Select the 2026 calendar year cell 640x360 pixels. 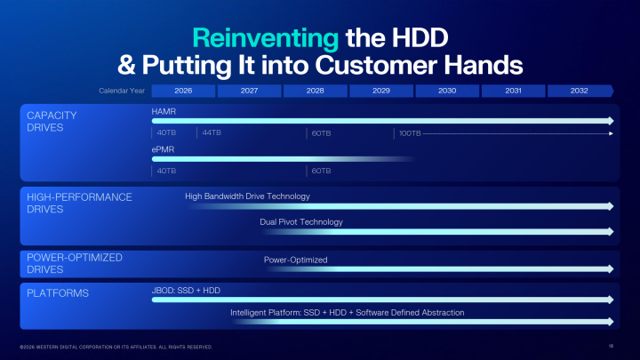(184, 91)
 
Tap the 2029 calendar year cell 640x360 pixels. (380, 91)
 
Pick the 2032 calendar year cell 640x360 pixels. (579, 91)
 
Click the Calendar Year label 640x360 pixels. (121, 91)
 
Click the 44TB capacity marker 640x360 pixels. (211, 133)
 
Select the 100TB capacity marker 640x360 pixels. (409, 133)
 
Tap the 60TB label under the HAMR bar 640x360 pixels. (320, 133)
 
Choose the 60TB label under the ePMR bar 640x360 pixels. (320, 171)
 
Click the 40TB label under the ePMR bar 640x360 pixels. (165, 171)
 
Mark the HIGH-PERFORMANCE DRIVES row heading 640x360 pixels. (79, 203)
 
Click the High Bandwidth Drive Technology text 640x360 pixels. (247, 196)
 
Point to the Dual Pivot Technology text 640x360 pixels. (301, 221)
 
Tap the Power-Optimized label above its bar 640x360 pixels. (295, 260)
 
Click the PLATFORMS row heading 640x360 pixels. (57, 292)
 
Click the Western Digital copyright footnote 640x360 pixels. (116, 346)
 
